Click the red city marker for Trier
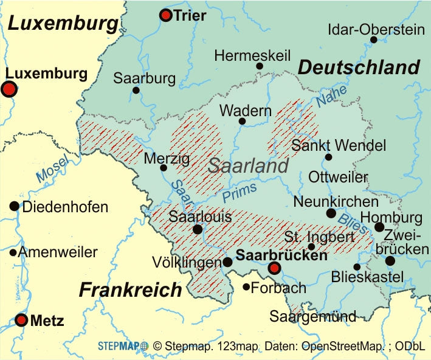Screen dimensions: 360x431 (x=165, y=15)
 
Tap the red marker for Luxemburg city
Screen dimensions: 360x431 (x=9, y=89)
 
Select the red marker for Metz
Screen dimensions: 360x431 (x=22, y=320)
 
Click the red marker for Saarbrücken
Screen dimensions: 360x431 (x=275, y=268)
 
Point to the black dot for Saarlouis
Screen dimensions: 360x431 (x=197, y=229)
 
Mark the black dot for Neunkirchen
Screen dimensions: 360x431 (x=331, y=213)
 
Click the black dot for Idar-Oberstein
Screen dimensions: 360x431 (x=373, y=40)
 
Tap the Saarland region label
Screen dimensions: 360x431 (x=248, y=166)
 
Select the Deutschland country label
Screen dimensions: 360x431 (x=359, y=67)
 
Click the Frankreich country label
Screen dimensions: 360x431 (x=130, y=290)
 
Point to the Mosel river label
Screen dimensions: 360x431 (x=53, y=170)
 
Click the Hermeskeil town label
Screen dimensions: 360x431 (x=252, y=56)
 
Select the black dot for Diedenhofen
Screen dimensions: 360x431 (x=14, y=206)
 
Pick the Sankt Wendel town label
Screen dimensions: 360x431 (x=339, y=146)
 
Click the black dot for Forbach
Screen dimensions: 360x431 (x=246, y=287)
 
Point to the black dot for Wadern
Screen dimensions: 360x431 (x=242, y=122)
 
